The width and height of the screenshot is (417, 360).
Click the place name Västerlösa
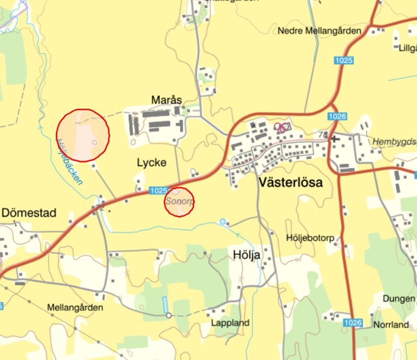click(290, 182)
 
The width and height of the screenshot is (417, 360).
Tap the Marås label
click(166, 100)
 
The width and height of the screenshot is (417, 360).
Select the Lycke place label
click(151, 163)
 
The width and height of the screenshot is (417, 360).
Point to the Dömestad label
click(29, 213)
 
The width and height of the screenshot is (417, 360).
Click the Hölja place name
click(247, 255)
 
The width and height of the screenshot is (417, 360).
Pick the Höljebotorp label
click(310, 237)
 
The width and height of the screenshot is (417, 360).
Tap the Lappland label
click(230, 323)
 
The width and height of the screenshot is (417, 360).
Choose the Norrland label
click(391, 325)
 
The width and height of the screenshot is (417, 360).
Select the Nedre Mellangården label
click(319, 31)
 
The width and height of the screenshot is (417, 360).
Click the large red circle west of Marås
click(83, 135)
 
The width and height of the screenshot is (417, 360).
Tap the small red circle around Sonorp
click(179, 202)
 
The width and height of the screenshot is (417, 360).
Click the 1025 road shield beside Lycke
click(159, 190)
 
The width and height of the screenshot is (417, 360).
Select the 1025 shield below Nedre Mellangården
click(344, 60)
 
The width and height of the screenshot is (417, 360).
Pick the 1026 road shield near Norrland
click(353, 323)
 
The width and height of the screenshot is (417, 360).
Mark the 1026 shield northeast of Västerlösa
click(337, 116)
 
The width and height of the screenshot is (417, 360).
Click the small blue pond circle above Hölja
click(222, 221)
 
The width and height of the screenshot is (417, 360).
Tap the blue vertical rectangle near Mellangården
click(165, 305)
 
